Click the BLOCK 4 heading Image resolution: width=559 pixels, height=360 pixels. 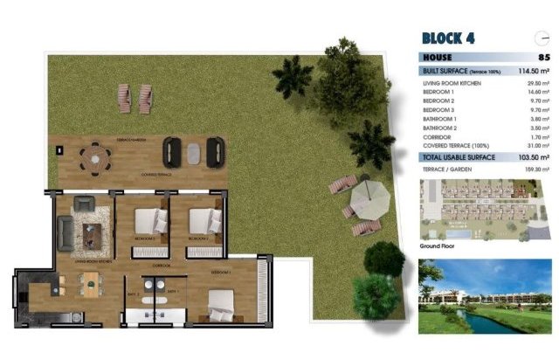coord(449,38)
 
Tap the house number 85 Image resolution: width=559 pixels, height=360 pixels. coord(544,57)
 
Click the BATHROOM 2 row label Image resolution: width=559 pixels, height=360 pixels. coord(441,128)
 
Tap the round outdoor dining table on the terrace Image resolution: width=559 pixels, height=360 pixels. coord(95,157)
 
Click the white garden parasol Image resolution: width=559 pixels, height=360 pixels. coord(368,199)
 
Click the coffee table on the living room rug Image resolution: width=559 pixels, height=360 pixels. coord(92,233)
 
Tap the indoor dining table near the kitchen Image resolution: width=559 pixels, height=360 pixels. coord(91,281)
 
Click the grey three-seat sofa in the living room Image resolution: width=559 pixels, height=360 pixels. coord(66,232)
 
